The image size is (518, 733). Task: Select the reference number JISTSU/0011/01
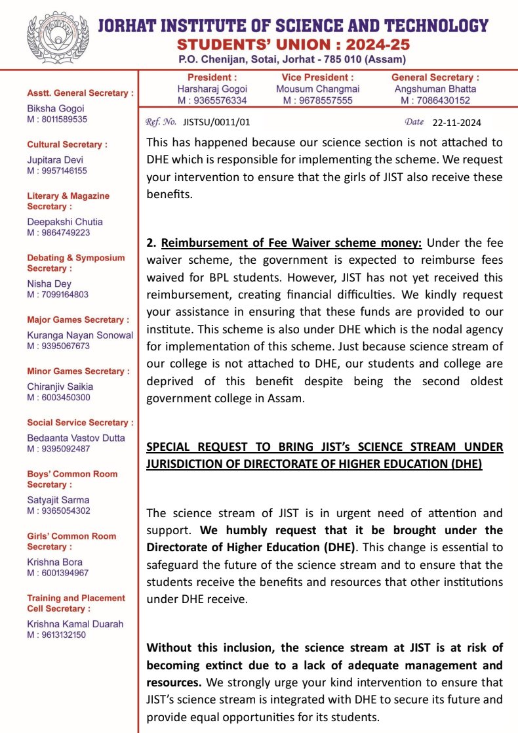216,122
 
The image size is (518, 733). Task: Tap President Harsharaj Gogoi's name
212,89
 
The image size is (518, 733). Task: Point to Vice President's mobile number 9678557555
317,100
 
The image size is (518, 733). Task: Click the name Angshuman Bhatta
435,89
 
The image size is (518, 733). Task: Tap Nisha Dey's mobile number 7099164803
58,295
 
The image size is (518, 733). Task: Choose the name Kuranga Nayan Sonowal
80,335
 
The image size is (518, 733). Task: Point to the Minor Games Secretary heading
75,371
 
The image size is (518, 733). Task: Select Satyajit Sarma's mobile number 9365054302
58,511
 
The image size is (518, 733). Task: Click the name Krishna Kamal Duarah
75,624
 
